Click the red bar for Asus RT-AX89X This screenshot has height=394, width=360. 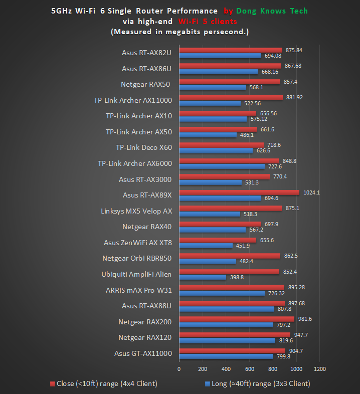(x=239, y=192)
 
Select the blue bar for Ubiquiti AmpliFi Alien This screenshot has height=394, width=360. (x=203, y=277)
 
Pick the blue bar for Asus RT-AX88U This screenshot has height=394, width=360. (x=227, y=309)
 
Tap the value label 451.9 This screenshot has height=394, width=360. (x=243, y=246)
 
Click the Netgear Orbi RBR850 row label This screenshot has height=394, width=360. (x=137, y=259)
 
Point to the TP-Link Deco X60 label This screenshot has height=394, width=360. (x=144, y=147)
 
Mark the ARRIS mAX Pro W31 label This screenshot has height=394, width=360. (x=138, y=290)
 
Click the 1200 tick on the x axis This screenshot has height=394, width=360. (x=319, y=369)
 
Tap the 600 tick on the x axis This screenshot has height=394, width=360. (x=249, y=369)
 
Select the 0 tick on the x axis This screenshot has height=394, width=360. (x=179, y=369)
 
